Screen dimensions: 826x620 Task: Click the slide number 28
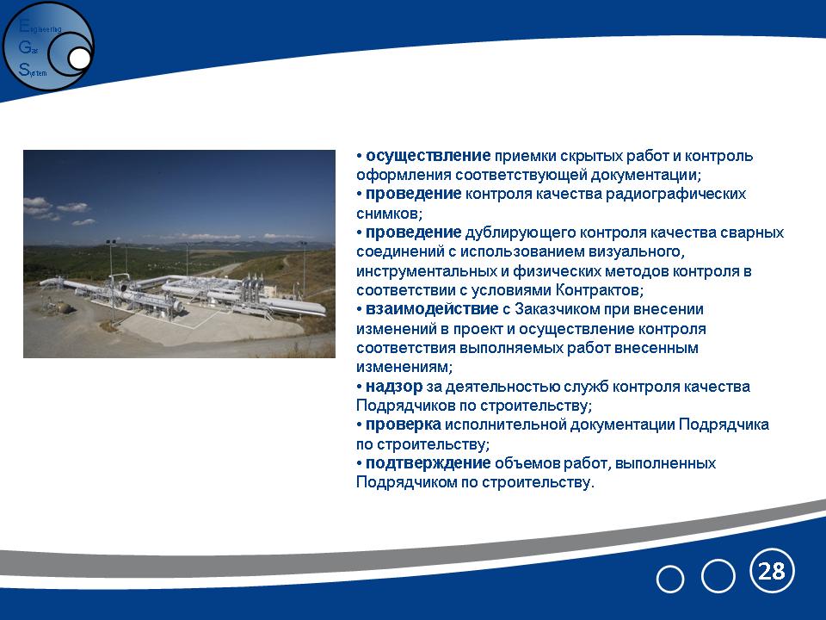point(771,571)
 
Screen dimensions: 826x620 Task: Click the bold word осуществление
point(428,156)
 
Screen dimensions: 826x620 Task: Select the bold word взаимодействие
point(431,309)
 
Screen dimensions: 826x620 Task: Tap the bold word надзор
point(393,387)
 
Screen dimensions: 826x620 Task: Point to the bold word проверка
point(403,425)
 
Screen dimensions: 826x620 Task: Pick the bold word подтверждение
point(428,463)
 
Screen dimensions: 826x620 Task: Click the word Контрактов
point(600,290)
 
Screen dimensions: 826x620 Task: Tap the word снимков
point(389,214)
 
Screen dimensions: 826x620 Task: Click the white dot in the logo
point(80,59)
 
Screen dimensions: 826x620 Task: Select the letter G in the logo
point(24,47)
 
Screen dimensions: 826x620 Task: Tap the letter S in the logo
point(23,69)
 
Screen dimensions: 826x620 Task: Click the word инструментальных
point(426,271)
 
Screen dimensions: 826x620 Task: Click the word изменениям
point(404,367)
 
